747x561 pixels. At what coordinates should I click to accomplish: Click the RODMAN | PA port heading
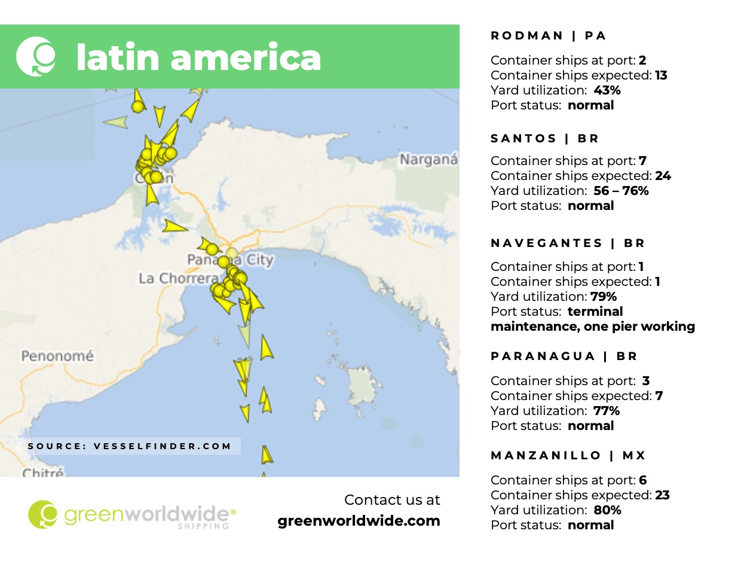pyautogui.click(x=548, y=36)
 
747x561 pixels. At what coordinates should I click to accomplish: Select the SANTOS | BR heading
pyautogui.click(x=544, y=139)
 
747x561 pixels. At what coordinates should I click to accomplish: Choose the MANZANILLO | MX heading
pyautogui.click(x=568, y=456)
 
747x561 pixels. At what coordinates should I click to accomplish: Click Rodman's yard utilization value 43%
pyautogui.click(x=607, y=90)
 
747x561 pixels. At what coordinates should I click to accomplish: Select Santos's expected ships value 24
pyautogui.click(x=662, y=176)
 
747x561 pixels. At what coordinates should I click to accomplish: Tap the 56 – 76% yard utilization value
pyautogui.click(x=621, y=191)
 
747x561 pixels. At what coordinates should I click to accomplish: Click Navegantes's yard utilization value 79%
pyautogui.click(x=604, y=297)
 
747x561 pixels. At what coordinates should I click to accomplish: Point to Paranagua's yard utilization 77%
pyautogui.click(x=607, y=411)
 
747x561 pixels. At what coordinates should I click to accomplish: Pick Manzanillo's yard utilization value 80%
pyautogui.click(x=607, y=510)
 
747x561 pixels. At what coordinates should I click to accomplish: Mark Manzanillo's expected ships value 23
pyautogui.click(x=662, y=495)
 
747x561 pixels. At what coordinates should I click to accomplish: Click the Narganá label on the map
pyautogui.click(x=428, y=160)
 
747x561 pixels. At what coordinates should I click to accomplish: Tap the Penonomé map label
pyautogui.click(x=57, y=356)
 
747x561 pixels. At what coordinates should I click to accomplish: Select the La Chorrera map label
pyautogui.click(x=178, y=279)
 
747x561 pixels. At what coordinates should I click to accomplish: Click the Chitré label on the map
pyautogui.click(x=42, y=472)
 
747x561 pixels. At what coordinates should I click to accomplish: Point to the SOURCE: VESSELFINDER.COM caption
pyautogui.click(x=130, y=446)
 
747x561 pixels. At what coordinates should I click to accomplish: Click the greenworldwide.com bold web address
pyautogui.click(x=359, y=521)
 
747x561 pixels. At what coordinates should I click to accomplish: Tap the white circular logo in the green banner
pyautogui.click(x=36, y=56)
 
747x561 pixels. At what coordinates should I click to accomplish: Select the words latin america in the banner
pyautogui.click(x=198, y=57)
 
